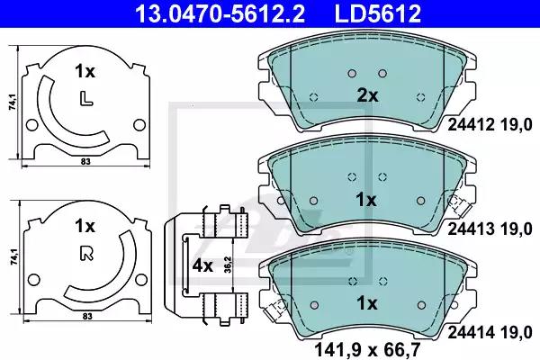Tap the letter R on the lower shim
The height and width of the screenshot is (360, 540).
coord(84,252)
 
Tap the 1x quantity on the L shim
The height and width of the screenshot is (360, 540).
coord(84,70)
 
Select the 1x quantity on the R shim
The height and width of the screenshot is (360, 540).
coord(84,225)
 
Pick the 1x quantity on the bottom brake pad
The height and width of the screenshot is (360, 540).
coord(365,301)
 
